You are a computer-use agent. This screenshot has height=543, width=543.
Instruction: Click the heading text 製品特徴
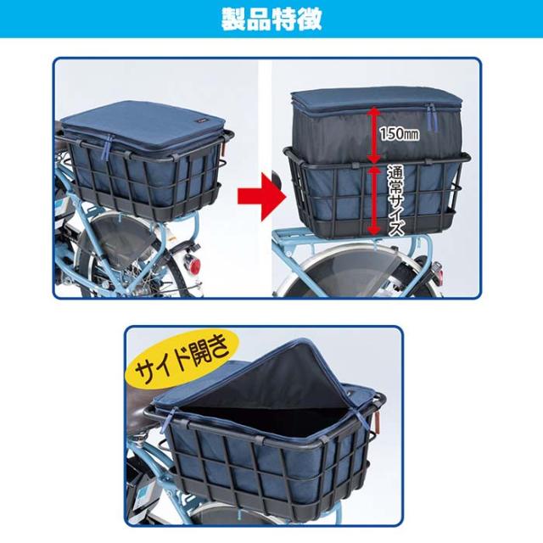click(271, 19)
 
